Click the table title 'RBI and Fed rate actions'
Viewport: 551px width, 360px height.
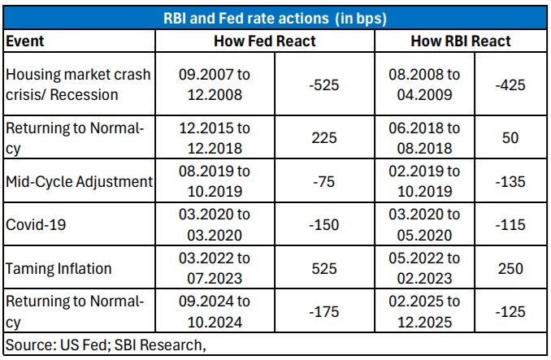coord(246,18)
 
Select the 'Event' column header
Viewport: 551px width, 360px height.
coord(25,41)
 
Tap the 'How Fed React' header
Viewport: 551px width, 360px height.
coord(265,41)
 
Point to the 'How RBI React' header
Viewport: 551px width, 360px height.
coord(461,41)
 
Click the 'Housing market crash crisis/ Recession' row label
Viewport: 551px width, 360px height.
coord(78,85)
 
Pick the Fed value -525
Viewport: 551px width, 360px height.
coord(323,85)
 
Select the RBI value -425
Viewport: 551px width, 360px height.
coord(510,85)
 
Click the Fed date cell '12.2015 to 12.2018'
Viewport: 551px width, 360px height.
coord(215,138)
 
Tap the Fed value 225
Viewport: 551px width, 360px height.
coord(324,137)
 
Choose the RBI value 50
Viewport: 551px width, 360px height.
coord(510,137)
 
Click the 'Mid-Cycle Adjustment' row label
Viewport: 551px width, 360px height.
coord(80,182)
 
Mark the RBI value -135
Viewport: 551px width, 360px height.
coord(510,181)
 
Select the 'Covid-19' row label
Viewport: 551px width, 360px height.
coord(36,225)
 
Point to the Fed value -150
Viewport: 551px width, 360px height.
coord(323,225)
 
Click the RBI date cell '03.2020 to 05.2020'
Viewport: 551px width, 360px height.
coord(424,225)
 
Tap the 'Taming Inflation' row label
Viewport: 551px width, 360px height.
coord(59,269)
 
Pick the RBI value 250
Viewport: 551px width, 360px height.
coord(510,269)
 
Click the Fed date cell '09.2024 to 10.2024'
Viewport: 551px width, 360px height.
coord(215,312)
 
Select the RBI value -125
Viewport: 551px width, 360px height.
coord(510,311)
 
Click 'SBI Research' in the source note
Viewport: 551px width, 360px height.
coord(158,345)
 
